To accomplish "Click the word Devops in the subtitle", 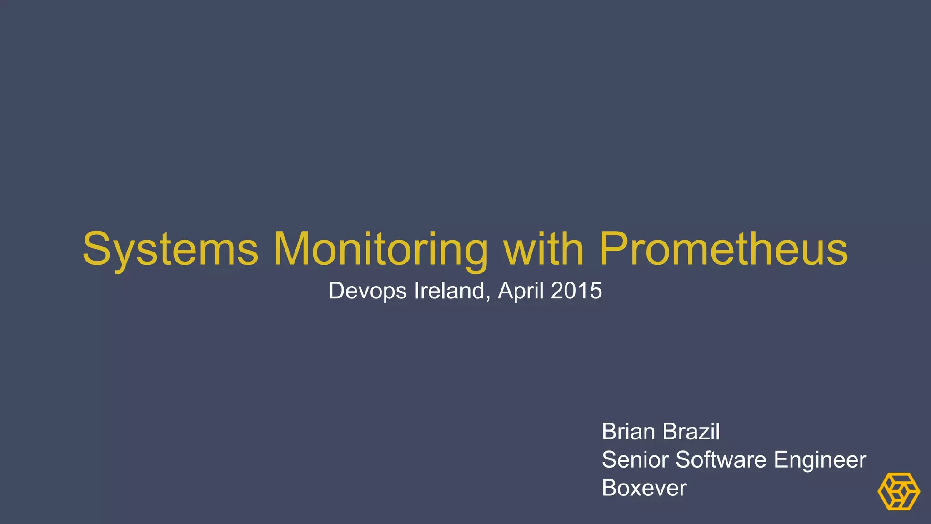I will [x=367, y=291].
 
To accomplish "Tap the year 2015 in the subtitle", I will [x=576, y=291].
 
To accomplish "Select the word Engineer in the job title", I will [x=820, y=460].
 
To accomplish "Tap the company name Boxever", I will [x=644, y=488].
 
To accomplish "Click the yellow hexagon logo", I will [x=899, y=491].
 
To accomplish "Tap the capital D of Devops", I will [x=337, y=291].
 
